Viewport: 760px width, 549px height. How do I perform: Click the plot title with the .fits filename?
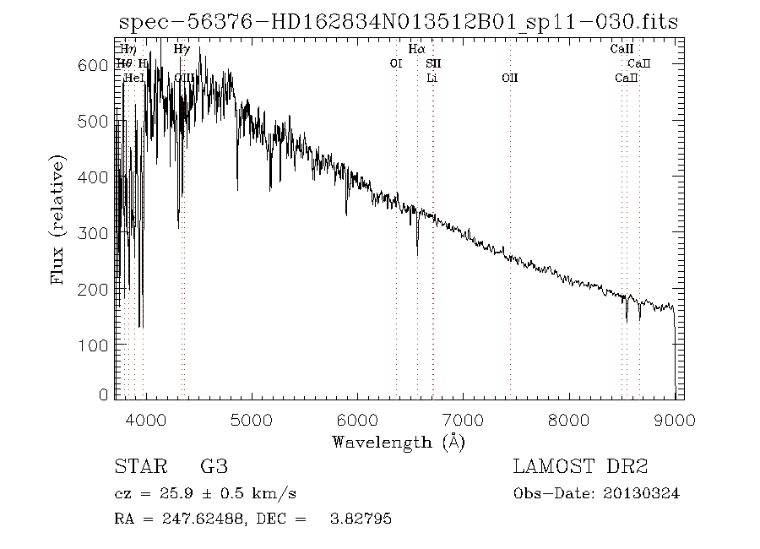pos(397,21)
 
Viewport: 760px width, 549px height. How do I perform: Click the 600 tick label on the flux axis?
pos(98,65)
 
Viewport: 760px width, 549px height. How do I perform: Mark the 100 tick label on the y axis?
pos(98,345)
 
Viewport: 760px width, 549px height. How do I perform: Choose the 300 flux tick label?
pos(98,233)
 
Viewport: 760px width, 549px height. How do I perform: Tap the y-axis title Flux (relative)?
pos(58,219)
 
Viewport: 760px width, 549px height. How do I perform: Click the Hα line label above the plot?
pos(416,50)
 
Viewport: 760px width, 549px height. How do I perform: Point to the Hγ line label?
pos(182,50)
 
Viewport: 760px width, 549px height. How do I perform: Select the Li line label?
pos(432,78)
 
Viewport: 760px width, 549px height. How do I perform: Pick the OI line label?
pos(395,63)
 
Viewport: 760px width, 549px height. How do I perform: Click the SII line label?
pos(433,63)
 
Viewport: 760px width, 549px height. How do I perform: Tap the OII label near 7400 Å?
pos(509,78)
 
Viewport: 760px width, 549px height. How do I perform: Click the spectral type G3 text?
pos(214,467)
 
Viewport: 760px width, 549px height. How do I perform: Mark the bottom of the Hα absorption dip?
pos(417,254)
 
